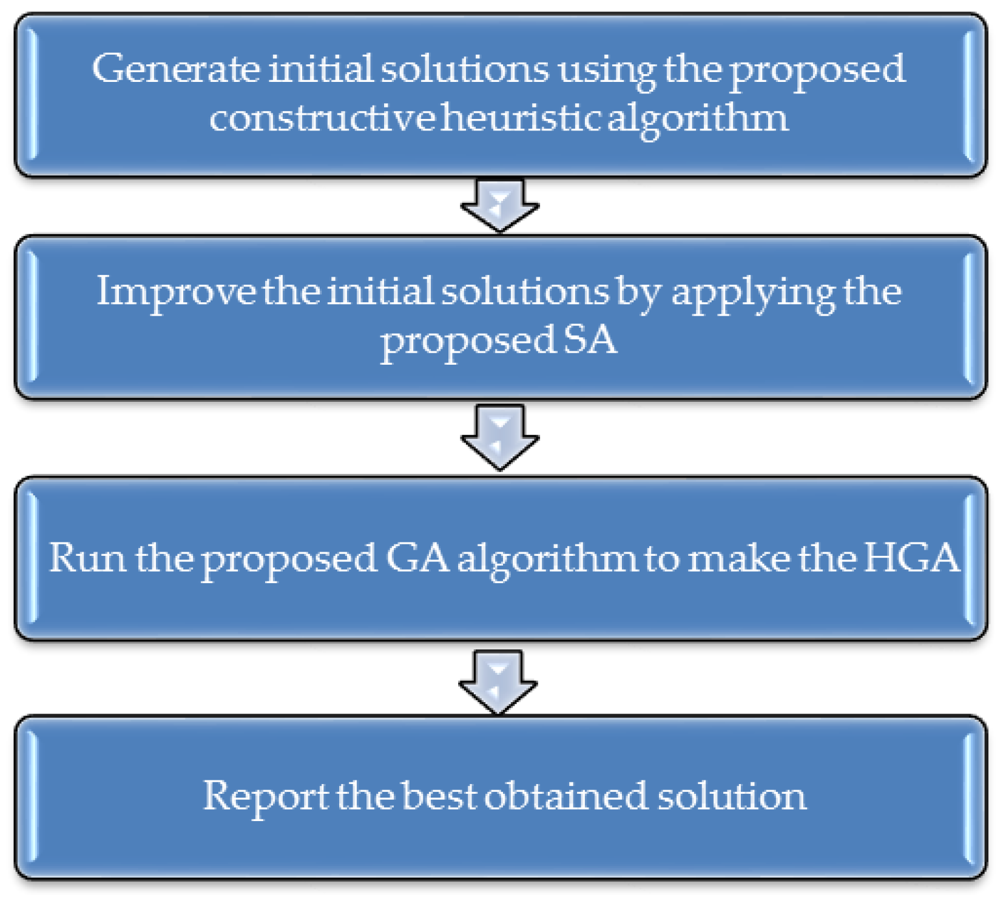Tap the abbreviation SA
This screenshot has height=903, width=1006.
[x=589, y=340]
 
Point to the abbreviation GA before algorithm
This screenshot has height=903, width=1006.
[x=417, y=557]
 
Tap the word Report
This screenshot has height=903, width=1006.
[x=265, y=796]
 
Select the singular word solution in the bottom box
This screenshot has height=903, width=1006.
[x=732, y=796]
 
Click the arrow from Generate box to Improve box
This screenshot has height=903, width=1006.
[x=499, y=205]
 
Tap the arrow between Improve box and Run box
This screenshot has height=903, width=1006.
[x=499, y=436]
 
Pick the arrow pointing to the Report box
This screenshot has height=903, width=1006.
[x=498, y=680]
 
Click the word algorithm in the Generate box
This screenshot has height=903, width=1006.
[x=698, y=119]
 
